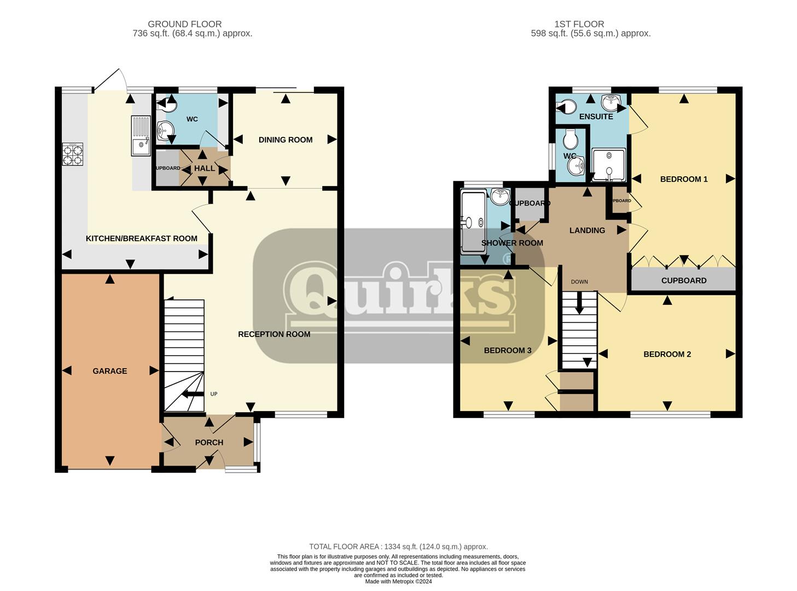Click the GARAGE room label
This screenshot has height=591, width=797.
pyautogui.click(x=109, y=371)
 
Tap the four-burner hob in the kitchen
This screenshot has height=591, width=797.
pyautogui.click(x=73, y=154)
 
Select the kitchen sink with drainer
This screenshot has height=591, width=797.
pyautogui.click(x=141, y=135)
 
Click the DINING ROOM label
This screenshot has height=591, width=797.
pyautogui.click(x=286, y=140)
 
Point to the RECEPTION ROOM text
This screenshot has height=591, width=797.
pyautogui.click(x=274, y=334)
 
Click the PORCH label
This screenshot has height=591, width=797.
pyautogui.click(x=209, y=443)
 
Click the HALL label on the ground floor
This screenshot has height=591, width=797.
pyautogui.click(x=205, y=169)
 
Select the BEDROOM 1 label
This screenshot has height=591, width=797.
pyautogui.click(x=684, y=179)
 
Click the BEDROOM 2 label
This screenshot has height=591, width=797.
pyautogui.click(x=667, y=355)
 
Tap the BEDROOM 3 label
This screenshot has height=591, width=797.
pyautogui.click(x=507, y=351)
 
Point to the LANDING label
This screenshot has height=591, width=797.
pyautogui.click(x=587, y=230)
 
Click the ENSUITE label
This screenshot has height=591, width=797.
pyautogui.click(x=596, y=117)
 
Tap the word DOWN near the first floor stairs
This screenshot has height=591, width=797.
pyautogui.click(x=579, y=282)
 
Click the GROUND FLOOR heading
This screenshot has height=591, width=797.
pyautogui.click(x=185, y=24)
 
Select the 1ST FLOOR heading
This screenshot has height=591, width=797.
pyautogui.click(x=579, y=24)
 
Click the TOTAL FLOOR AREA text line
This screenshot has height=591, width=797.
pyautogui.click(x=398, y=547)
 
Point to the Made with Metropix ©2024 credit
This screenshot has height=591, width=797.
pyautogui.click(x=398, y=581)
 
